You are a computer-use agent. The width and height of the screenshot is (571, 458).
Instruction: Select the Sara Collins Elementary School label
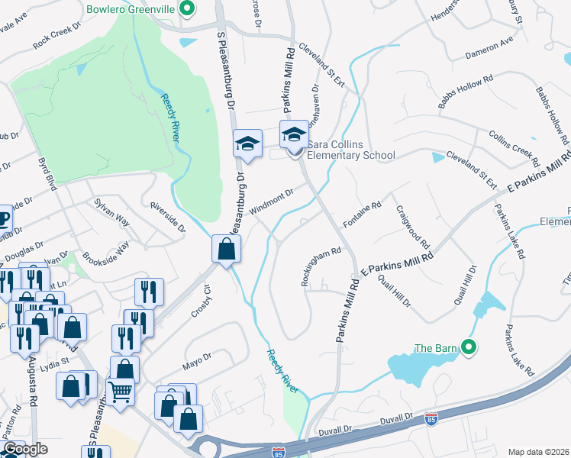point(351,155)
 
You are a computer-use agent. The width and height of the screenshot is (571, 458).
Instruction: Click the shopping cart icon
point(121,392)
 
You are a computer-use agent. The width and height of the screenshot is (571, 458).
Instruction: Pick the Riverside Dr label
point(167,217)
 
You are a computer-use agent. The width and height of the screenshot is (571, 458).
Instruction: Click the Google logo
point(26,449)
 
